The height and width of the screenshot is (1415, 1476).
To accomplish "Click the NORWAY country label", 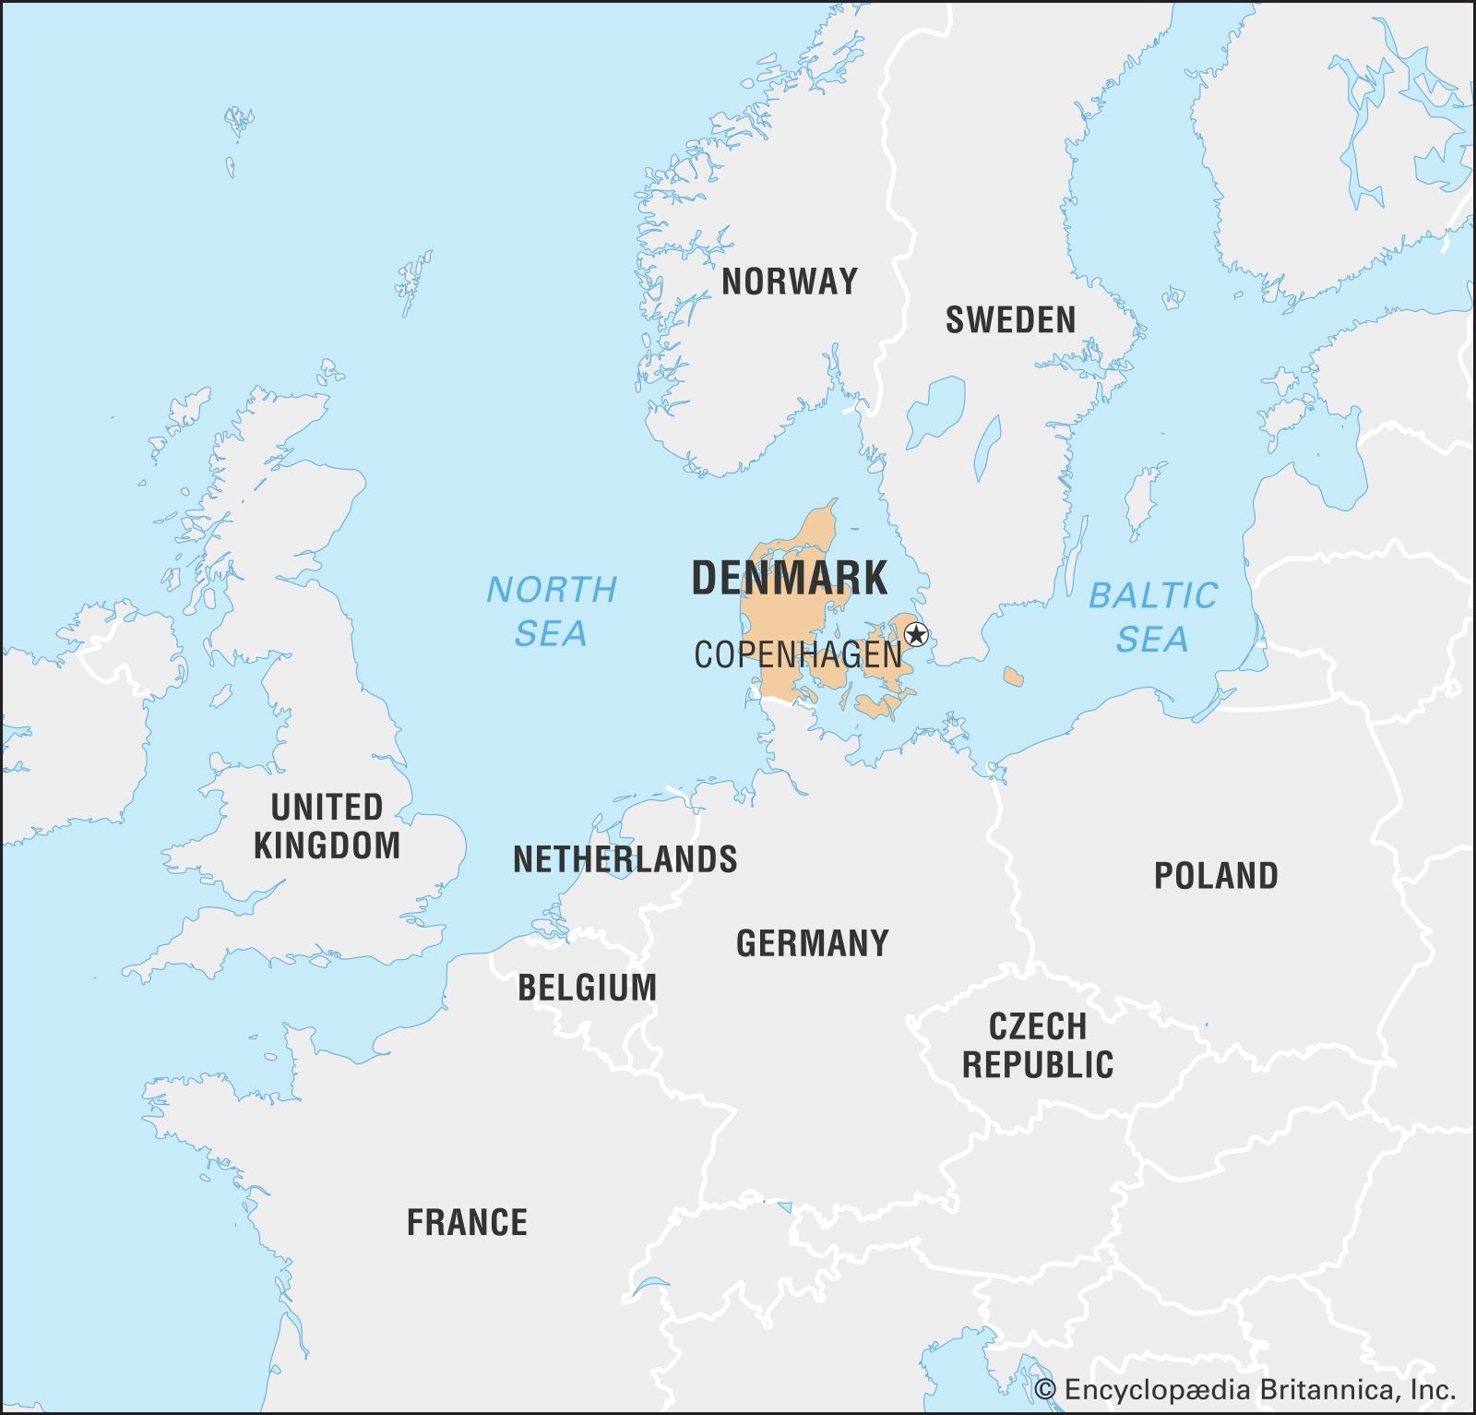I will coord(789,282).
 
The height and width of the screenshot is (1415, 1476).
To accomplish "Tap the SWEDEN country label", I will coord(1010,320).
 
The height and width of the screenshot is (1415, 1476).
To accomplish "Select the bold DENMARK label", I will coord(789,578).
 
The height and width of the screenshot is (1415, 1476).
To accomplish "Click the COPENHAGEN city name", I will coord(798,654).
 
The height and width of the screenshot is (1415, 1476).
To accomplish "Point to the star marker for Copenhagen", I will coord(916,634).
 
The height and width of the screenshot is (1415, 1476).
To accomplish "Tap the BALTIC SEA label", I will coord(1153,617).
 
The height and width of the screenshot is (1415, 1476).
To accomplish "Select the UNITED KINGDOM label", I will coord(327,826).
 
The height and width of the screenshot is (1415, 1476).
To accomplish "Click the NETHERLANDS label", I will coord(625,859).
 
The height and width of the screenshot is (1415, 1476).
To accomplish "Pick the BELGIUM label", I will coord(587,988).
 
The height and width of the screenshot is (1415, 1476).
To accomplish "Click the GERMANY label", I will coord(812,943).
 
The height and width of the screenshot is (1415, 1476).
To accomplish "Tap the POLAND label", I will coord(1216,876).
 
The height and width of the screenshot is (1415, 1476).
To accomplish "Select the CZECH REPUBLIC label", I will coord(1038,1046).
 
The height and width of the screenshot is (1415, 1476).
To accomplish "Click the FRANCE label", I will coord(467,1223).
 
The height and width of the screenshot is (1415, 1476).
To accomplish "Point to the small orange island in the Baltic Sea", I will coord(1013,678).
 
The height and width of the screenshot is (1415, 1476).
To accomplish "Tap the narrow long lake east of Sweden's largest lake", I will coord(987,445).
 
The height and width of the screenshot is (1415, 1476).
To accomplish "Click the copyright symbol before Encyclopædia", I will coord(1045,1389).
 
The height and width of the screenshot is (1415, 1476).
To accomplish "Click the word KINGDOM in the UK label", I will coord(327,845).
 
